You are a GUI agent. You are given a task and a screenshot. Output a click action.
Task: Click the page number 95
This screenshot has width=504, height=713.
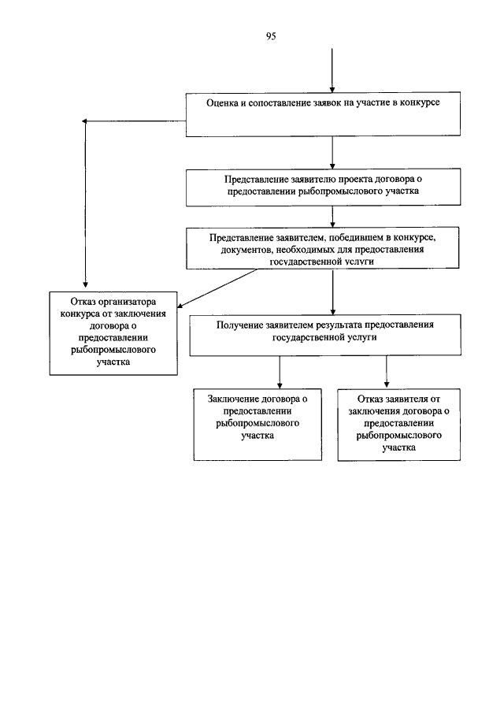pos(271,36)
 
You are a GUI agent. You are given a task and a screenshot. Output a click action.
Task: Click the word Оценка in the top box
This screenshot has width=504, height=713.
pos(222,102)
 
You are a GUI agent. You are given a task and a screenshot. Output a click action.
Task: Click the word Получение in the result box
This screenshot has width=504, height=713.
pos(239,325)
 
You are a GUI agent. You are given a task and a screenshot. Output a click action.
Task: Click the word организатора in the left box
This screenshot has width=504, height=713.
pos(127,302)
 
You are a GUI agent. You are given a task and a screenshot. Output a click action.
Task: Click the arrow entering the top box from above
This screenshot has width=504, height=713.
pos(332,70)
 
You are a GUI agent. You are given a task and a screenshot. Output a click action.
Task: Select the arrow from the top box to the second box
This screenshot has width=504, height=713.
pos(332,153)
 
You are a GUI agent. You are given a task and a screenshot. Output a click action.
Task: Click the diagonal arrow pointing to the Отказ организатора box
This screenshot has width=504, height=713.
pos(217,289)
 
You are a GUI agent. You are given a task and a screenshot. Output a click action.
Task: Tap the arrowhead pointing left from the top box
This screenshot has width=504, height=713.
pos(84,121)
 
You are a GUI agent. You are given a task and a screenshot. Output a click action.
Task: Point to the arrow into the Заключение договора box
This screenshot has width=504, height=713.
pos(280,372)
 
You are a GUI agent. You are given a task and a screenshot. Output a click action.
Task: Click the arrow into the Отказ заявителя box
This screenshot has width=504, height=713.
pos(387,372)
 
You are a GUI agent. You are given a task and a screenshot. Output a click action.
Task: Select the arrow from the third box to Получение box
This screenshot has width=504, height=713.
pos(332,292)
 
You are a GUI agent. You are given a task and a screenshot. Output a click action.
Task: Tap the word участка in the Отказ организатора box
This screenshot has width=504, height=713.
pos(113,362)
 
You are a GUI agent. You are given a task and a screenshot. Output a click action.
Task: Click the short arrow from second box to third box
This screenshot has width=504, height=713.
pos(332,217)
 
